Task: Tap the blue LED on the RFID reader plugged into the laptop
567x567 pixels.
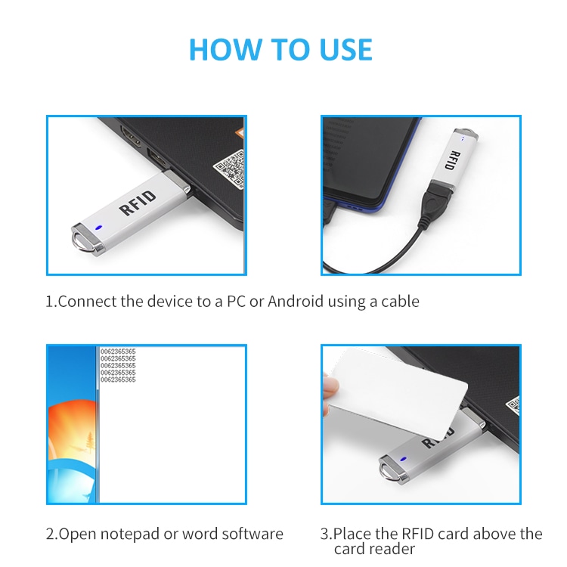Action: tap(98, 228)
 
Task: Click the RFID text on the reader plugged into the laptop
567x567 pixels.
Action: tap(138, 203)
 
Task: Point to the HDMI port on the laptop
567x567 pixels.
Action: tap(131, 136)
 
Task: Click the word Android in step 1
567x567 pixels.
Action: tap(295, 301)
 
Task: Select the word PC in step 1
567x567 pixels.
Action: tap(236, 301)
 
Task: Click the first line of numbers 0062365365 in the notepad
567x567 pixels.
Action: tap(118, 352)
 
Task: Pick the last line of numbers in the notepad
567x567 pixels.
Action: tap(118, 380)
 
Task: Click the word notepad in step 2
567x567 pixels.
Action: tap(129, 534)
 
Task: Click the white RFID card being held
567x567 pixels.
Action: tap(397, 392)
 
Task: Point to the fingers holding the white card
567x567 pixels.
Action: tap(330, 392)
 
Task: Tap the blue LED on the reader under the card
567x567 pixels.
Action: tap(403, 459)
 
